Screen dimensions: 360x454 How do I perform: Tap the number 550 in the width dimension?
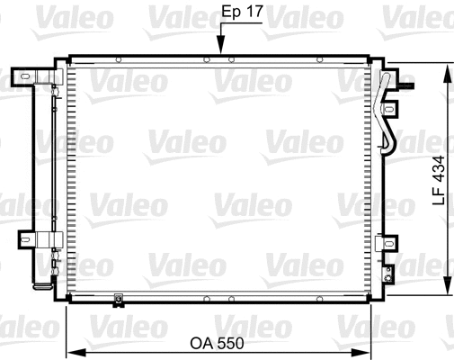[x=230, y=343]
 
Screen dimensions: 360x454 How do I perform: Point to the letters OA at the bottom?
[x=202, y=343]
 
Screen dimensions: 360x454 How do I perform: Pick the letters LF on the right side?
[x=439, y=196]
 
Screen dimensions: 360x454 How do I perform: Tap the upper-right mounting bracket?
[x=391, y=111]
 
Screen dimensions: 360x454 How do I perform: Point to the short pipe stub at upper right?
[x=406, y=86]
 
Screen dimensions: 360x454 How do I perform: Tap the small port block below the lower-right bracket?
[x=387, y=269]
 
